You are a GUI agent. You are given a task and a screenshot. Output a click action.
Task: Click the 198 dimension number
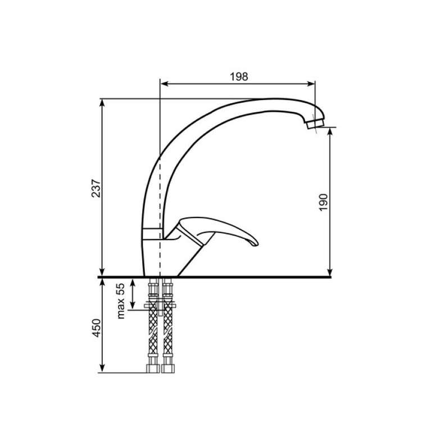[239, 77]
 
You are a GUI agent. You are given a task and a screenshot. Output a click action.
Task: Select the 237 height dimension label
[96, 188]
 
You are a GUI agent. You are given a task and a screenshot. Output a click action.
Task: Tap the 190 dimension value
[323, 202]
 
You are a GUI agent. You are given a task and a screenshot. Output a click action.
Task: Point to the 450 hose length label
[96, 328]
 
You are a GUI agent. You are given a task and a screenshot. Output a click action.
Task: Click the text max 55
[120, 301]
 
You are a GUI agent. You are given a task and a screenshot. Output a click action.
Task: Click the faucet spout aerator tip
[315, 123]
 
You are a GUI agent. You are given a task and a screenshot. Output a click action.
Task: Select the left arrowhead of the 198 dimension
[164, 84]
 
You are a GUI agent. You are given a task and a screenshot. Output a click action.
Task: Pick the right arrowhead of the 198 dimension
[311, 84]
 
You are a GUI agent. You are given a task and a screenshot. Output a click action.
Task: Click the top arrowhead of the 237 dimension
[102, 103]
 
